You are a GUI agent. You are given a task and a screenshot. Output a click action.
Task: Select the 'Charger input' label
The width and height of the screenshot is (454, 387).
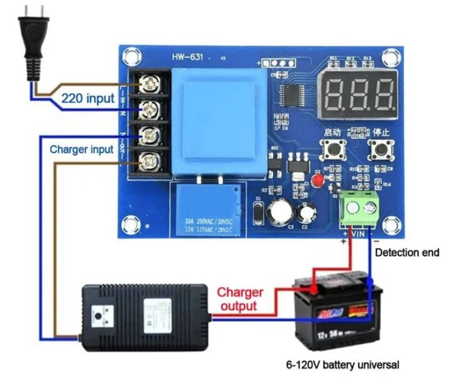tap(81, 150)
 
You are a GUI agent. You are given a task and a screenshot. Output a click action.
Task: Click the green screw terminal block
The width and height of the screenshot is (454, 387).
tap(360, 207)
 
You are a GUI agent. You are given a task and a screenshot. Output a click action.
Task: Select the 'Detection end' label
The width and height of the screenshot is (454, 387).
tap(407, 252)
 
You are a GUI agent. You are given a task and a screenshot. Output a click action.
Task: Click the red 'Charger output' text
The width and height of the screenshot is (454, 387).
tap(240, 299)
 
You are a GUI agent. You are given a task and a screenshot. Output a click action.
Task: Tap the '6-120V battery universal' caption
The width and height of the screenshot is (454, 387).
tap(342, 365)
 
